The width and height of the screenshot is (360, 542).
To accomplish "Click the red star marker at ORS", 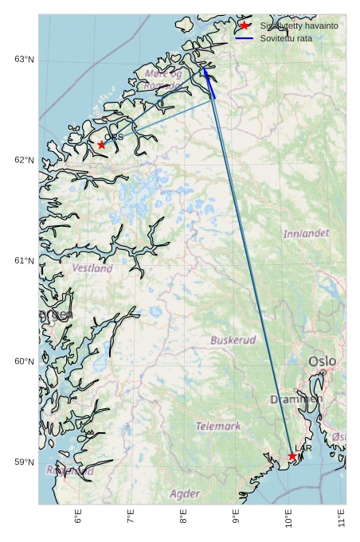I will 101,145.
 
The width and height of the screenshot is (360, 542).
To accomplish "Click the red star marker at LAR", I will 292,456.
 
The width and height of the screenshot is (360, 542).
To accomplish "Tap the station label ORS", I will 114,137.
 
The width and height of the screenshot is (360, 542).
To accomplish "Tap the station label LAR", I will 303,448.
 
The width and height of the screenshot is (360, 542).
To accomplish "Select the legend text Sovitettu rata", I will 286,38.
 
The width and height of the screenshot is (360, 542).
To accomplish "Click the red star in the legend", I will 244,25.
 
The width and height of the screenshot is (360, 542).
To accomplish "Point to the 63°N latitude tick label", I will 24,59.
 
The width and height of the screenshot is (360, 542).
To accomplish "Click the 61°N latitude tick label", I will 24,260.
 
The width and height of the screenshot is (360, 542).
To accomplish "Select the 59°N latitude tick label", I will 24,462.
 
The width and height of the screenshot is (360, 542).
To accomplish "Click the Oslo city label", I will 323,361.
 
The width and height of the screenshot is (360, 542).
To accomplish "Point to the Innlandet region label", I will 306,233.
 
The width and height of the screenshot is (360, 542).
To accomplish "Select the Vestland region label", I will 92,268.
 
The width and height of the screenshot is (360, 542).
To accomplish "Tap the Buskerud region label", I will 233,340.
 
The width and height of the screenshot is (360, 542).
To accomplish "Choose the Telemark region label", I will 218,426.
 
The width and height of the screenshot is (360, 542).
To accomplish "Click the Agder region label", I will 185,493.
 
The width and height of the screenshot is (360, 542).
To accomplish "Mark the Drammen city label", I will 296,400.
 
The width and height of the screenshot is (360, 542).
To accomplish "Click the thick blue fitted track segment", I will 209,84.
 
